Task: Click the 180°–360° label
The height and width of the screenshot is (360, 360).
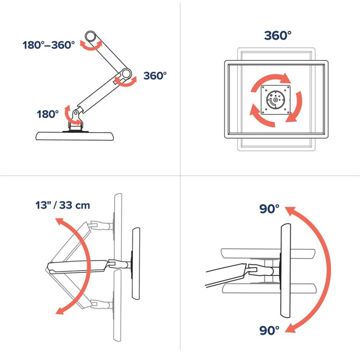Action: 49,45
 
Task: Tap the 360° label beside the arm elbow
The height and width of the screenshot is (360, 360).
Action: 155,76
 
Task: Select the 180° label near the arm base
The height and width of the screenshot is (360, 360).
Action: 48,114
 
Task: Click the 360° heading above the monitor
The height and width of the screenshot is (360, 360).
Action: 278,36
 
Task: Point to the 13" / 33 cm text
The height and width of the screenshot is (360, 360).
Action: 63,205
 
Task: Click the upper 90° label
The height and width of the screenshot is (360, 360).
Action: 269,209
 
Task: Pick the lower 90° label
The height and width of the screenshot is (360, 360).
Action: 269,330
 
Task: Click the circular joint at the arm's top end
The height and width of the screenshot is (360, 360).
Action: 90,36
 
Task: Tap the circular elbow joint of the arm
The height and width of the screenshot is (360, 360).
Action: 126,73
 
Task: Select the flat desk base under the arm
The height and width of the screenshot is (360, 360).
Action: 75,136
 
